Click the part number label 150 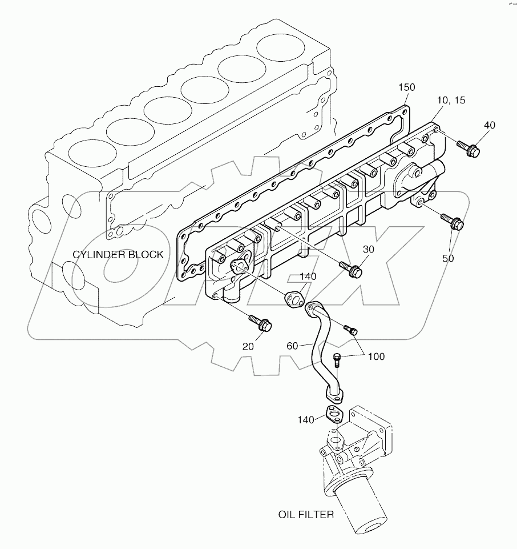pos(407,87)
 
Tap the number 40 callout pos(490,125)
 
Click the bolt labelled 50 pos(455,223)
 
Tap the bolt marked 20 pos(262,323)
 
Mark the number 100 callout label pos(376,356)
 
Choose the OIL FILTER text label pos(306,515)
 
